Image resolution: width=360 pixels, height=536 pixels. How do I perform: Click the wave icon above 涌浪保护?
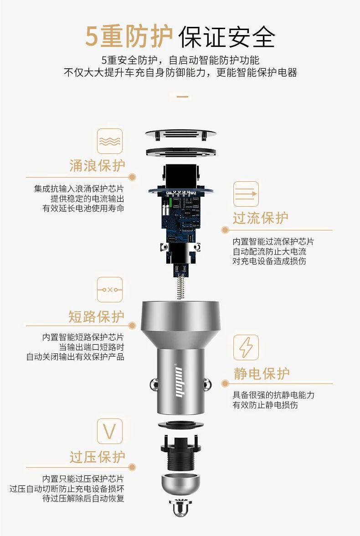[x=110, y=141]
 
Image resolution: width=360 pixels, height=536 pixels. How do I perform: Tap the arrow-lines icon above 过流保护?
[x=246, y=194]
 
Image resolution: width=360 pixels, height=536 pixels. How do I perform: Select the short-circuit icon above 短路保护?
[x=110, y=290]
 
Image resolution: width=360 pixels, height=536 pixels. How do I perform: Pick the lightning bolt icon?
[x=246, y=347]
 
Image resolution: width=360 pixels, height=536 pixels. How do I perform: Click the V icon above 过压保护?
[x=110, y=431]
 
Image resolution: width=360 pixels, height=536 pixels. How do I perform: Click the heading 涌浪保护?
[x=97, y=166]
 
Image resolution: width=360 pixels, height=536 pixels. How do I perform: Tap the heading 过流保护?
[x=260, y=218]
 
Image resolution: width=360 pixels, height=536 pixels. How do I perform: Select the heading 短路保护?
[x=97, y=316]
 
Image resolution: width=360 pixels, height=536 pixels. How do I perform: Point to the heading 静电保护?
[x=262, y=373]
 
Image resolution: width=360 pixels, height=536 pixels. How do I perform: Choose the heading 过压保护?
[x=98, y=457]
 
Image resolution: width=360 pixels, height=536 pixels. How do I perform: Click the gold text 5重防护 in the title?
[x=129, y=36]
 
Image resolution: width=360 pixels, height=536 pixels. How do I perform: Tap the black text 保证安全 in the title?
[x=227, y=36]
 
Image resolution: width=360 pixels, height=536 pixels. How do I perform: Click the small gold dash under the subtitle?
[x=182, y=97]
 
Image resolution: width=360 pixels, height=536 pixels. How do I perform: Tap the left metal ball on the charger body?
[x=153, y=384]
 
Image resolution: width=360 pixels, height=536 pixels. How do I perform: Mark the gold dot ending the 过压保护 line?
[x=132, y=467]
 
